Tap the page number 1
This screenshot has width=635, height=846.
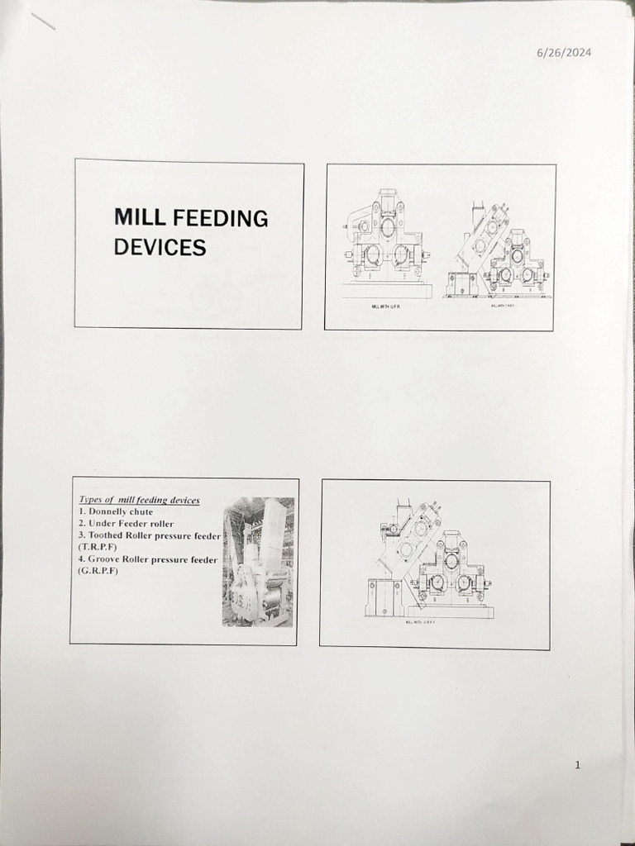(577, 765)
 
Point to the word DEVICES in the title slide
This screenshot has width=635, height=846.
(160, 247)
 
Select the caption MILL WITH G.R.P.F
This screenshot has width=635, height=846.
(420, 623)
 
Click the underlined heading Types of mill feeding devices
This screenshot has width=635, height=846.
(139, 500)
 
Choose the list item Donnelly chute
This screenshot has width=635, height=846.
(116, 511)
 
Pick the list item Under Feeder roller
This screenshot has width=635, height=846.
(127, 523)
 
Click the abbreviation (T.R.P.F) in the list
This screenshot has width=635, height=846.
(98, 547)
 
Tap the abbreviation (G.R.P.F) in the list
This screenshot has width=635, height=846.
(98, 571)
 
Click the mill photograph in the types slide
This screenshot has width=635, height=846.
(258, 562)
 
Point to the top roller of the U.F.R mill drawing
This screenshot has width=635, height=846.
(387, 226)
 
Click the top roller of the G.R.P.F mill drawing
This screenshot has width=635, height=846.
(451, 561)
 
